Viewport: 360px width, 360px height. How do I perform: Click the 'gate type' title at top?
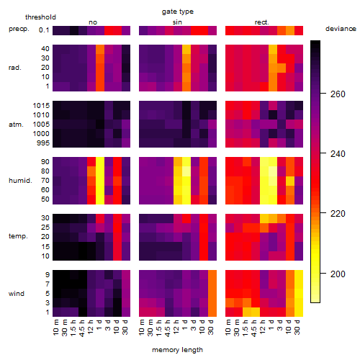tap(178, 12)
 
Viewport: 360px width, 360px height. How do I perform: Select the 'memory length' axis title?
tap(177, 350)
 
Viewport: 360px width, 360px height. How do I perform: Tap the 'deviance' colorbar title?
tap(341, 29)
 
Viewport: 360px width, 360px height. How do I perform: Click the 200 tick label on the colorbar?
tap(338, 274)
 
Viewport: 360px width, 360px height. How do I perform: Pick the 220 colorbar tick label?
tap(338, 213)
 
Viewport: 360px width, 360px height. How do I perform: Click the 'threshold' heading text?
tap(40, 17)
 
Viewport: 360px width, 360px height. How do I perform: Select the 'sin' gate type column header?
tap(177, 22)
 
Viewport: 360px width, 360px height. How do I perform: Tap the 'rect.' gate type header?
tap(261, 22)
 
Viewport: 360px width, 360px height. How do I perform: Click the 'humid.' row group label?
tap(20, 181)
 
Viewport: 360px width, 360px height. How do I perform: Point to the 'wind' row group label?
tap(17, 294)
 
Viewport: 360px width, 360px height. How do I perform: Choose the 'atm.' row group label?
tap(16, 125)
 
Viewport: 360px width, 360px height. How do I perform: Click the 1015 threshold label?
tap(41, 106)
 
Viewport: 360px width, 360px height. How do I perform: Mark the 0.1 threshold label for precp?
tap(44, 30)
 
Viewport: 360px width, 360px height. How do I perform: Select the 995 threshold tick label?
tap(43, 143)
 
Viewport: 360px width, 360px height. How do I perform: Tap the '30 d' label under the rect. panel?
tap(297, 327)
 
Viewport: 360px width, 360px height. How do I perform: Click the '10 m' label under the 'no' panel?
tap(55, 327)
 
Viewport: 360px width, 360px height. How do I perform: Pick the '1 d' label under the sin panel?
tap(185, 325)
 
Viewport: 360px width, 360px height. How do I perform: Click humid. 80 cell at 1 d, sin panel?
tap(186, 171)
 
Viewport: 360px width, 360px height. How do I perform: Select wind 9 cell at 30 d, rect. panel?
tap(299, 275)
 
